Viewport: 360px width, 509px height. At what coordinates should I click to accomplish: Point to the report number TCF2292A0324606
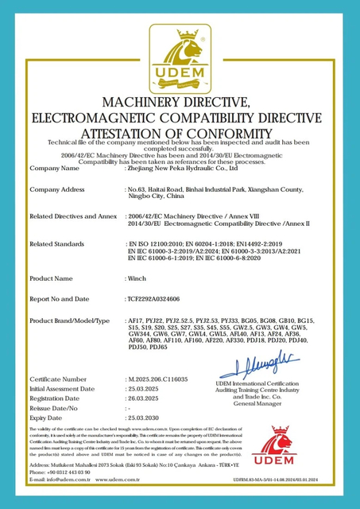pyautogui.click(x=159, y=300)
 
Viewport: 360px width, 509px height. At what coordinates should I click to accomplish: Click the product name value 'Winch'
pyautogui.click(x=136, y=279)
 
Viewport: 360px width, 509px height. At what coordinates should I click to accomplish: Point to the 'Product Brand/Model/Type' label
pyautogui.click(x=69, y=320)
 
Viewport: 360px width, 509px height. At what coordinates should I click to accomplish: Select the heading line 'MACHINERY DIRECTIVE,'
pyautogui.click(x=180, y=103)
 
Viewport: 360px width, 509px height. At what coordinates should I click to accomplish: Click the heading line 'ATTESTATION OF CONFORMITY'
pyautogui.click(x=180, y=131)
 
